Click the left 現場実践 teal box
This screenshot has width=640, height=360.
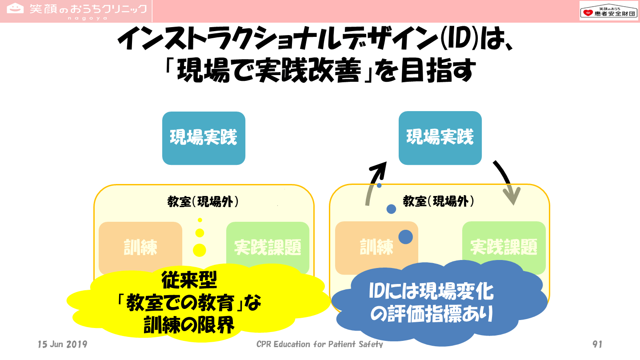click(x=204, y=138)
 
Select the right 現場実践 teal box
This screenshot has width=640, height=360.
click(x=440, y=137)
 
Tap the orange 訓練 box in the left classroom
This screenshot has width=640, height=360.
click(x=140, y=247)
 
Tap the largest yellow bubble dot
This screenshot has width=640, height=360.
click(x=200, y=250)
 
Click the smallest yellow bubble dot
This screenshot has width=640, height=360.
click(x=200, y=220)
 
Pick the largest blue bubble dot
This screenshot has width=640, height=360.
click(x=405, y=237)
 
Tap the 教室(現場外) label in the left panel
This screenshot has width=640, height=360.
click(x=203, y=202)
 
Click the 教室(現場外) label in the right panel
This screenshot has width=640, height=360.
click(x=439, y=201)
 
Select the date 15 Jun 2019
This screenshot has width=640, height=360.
click(x=63, y=344)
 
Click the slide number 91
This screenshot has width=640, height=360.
click(x=597, y=344)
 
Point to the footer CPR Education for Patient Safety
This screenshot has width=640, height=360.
click(x=320, y=344)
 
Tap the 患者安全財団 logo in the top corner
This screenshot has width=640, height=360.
click(x=608, y=11)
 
